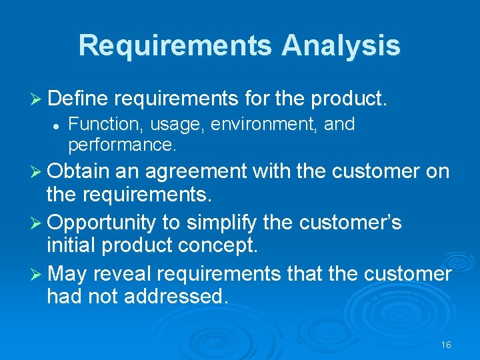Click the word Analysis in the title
click(341, 46)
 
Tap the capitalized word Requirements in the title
click(175, 46)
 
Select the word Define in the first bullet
click(77, 99)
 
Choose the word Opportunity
click(101, 221)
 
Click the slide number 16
click(446, 345)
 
